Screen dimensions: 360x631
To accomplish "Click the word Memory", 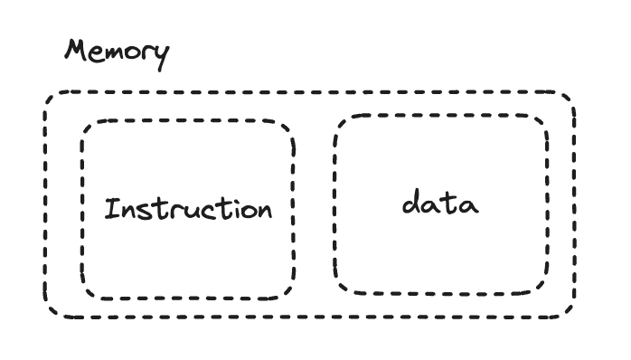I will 116,52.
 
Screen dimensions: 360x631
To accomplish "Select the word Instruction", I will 188,210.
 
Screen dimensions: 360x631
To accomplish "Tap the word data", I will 440,204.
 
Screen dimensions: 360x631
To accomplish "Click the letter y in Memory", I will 160,56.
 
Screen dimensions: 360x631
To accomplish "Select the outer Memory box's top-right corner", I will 572,94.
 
